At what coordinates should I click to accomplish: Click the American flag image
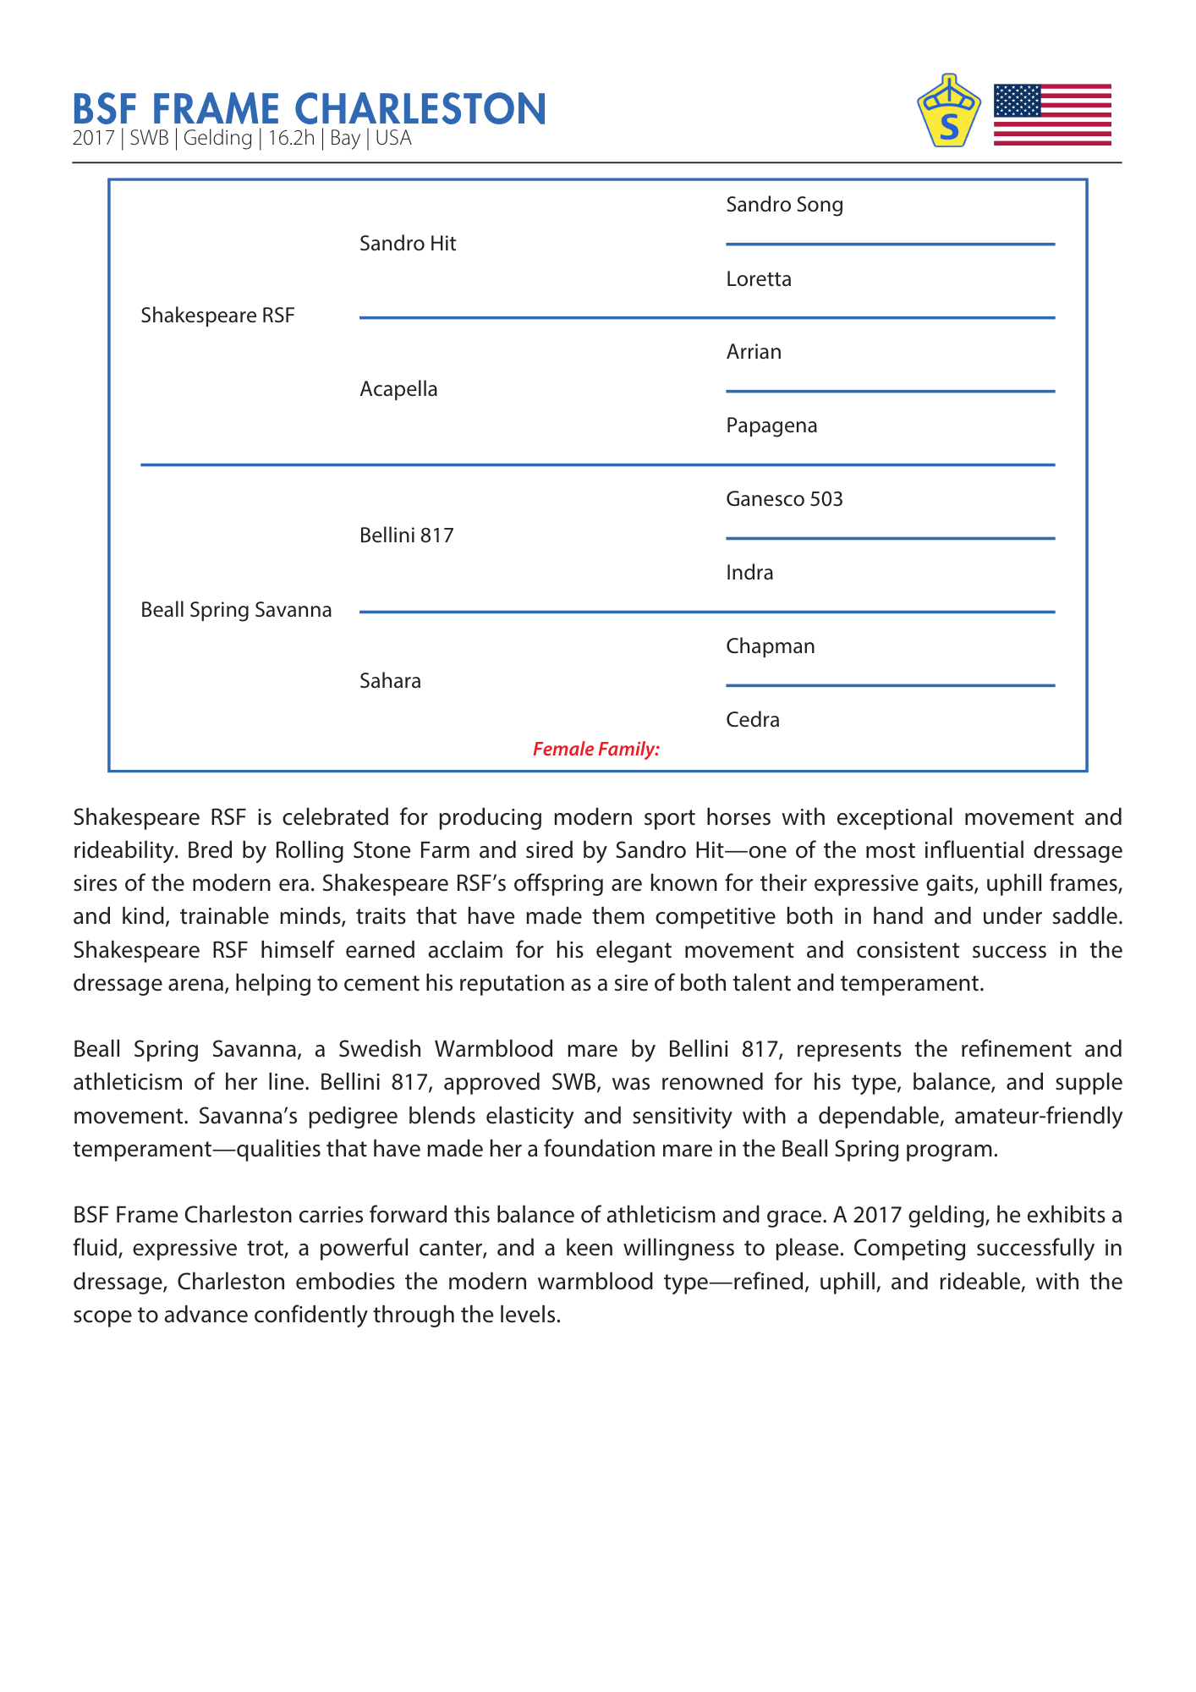coord(1052,114)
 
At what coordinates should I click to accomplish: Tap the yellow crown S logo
coord(949,112)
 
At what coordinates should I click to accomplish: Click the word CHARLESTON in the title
coord(420,109)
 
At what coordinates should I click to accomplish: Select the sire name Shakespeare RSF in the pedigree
coord(217,316)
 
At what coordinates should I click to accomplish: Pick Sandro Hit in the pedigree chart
coord(408,244)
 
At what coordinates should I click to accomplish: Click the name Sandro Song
coord(784,205)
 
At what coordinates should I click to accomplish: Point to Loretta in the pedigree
coord(759,279)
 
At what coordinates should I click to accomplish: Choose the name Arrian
coord(754,352)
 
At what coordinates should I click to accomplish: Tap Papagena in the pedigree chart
coord(771,426)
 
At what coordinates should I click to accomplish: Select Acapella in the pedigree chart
coord(398,389)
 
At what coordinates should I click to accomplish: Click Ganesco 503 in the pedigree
coord(784,499)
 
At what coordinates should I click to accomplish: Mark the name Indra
coord(749,573)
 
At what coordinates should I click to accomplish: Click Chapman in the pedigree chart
coord(771,646)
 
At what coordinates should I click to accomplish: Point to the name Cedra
coord(753,720)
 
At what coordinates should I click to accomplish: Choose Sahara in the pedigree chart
coord(390,681)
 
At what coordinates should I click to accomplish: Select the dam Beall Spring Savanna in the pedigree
coord(236,610)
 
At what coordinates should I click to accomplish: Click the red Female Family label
coord(595,749)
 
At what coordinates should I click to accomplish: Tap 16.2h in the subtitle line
coord(291,139)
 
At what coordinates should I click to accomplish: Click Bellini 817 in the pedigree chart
coord(406,536)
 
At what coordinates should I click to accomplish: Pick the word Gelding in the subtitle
coord(217,139)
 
